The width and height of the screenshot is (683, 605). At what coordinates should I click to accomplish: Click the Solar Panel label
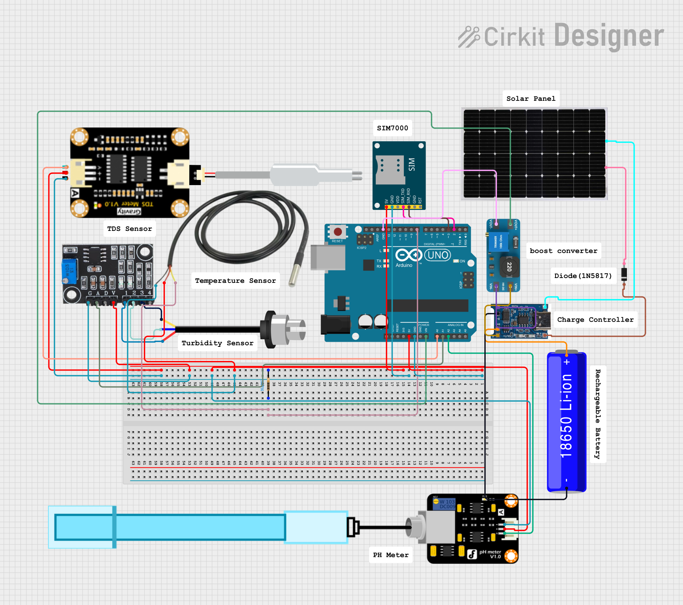point(531,99)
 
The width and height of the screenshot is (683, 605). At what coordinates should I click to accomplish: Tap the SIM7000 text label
point(392,128)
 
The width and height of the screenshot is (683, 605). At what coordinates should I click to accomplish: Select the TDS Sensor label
point(129,229)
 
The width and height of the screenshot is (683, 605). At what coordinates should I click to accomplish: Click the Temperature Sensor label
point(235,281)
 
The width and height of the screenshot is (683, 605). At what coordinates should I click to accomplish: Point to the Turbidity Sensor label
point(217,343)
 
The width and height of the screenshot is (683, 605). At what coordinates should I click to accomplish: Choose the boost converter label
point(563,251)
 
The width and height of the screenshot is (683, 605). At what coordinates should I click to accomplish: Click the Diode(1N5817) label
point(582,276)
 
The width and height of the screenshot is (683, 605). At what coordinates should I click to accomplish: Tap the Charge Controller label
point(595,320)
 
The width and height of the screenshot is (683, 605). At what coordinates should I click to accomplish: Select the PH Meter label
point(390,555)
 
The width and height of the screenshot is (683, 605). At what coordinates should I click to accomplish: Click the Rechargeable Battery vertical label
point(598,414)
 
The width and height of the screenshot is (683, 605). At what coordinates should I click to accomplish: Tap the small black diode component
point(624,274)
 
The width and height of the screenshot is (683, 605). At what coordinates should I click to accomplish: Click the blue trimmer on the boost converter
point(498,242)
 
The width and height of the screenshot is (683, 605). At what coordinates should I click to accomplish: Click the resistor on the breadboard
point(268,384)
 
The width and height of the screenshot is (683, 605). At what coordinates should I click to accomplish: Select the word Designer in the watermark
point(608,36)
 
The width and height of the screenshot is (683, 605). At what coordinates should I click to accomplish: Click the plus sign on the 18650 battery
point(567,362)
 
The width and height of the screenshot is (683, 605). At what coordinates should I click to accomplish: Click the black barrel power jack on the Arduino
point(335,324)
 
